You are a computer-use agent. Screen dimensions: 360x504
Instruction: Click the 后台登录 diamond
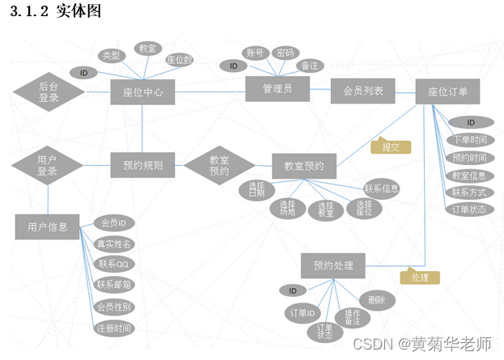[x=49, y=91]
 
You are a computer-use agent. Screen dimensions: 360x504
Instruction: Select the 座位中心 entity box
[x=142, y=92]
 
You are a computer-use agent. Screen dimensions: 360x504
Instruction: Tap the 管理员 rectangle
[x=277, y=88]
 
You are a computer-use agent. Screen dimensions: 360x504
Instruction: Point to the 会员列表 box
[x=362, y=91]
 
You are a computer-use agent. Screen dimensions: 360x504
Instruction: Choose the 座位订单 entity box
[x=448, y=91]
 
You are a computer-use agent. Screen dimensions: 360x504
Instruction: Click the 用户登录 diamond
[x=47, y=167]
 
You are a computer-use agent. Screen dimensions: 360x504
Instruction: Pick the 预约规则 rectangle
[x=142, y=167]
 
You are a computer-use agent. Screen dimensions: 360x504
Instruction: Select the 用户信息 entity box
[x=47, y=227]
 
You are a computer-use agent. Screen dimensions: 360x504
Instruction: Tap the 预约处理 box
[x=333, y=265]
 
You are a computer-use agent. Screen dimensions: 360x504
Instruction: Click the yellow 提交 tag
[x=391, y=146]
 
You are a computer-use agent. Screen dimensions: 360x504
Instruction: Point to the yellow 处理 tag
[x=420, y=277]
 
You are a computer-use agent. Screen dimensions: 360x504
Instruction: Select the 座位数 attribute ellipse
[x=179, y=60]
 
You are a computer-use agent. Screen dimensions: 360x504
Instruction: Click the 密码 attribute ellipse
[x=285, y=53]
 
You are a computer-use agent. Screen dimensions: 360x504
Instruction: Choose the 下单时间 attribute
[x=469, y=140]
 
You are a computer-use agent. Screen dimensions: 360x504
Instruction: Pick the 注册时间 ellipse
[x=114, y=328]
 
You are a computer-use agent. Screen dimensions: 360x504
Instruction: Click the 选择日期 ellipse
[x=257, y=191]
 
